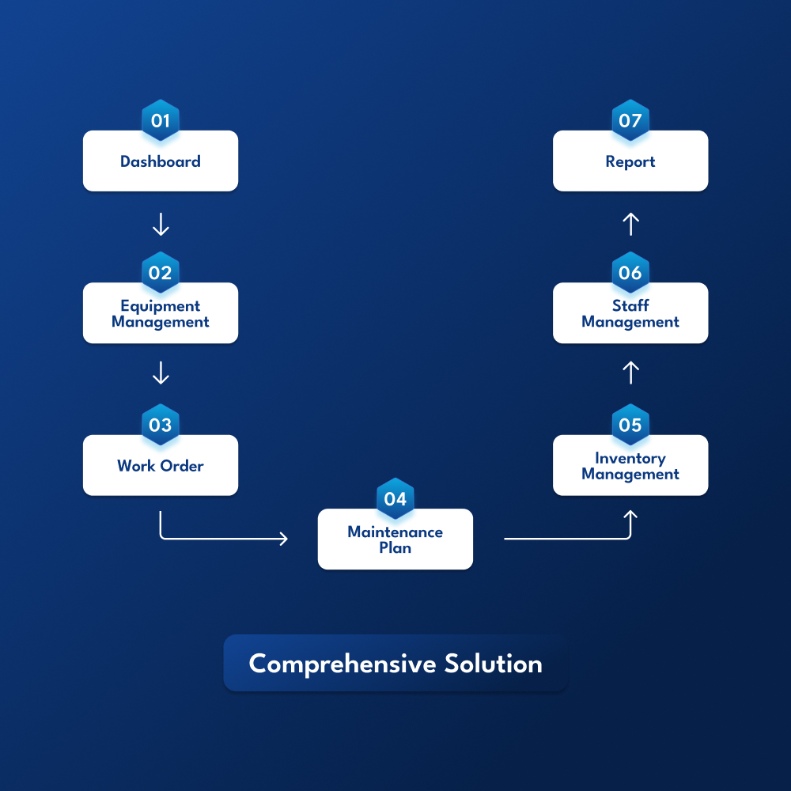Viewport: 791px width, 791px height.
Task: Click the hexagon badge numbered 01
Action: pos(161,120)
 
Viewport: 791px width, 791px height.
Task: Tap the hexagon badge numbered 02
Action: pos(161,272)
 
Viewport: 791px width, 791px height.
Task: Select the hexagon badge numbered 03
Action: pos(161,425)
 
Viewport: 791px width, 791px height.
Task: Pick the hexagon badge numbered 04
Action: pos(395,498)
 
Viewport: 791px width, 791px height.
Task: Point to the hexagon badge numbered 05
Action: pos(630,425)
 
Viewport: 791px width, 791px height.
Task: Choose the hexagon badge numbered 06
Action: pos(630,272)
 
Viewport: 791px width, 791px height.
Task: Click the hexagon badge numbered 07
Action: pos(630,120)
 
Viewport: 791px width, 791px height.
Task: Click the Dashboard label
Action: pos(161,161)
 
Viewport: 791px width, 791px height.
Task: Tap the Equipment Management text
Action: pos(161,314)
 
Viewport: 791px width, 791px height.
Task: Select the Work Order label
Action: pos(161,466)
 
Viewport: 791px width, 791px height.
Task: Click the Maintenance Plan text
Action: pos(395,539)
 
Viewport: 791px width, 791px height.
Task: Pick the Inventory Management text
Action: pos(630,467)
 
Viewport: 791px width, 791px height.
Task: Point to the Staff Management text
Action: pos(630,314)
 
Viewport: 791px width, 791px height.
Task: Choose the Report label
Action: pos(630,162)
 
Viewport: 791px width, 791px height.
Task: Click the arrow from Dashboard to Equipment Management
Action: pos(161,225)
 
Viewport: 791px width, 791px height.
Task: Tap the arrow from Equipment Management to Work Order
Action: pos(161,373)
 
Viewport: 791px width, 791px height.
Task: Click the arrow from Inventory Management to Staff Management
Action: pos(630,373)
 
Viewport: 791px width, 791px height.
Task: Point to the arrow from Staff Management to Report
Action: pos(630,225)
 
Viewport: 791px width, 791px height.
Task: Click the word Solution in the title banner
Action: pos(494,664)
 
